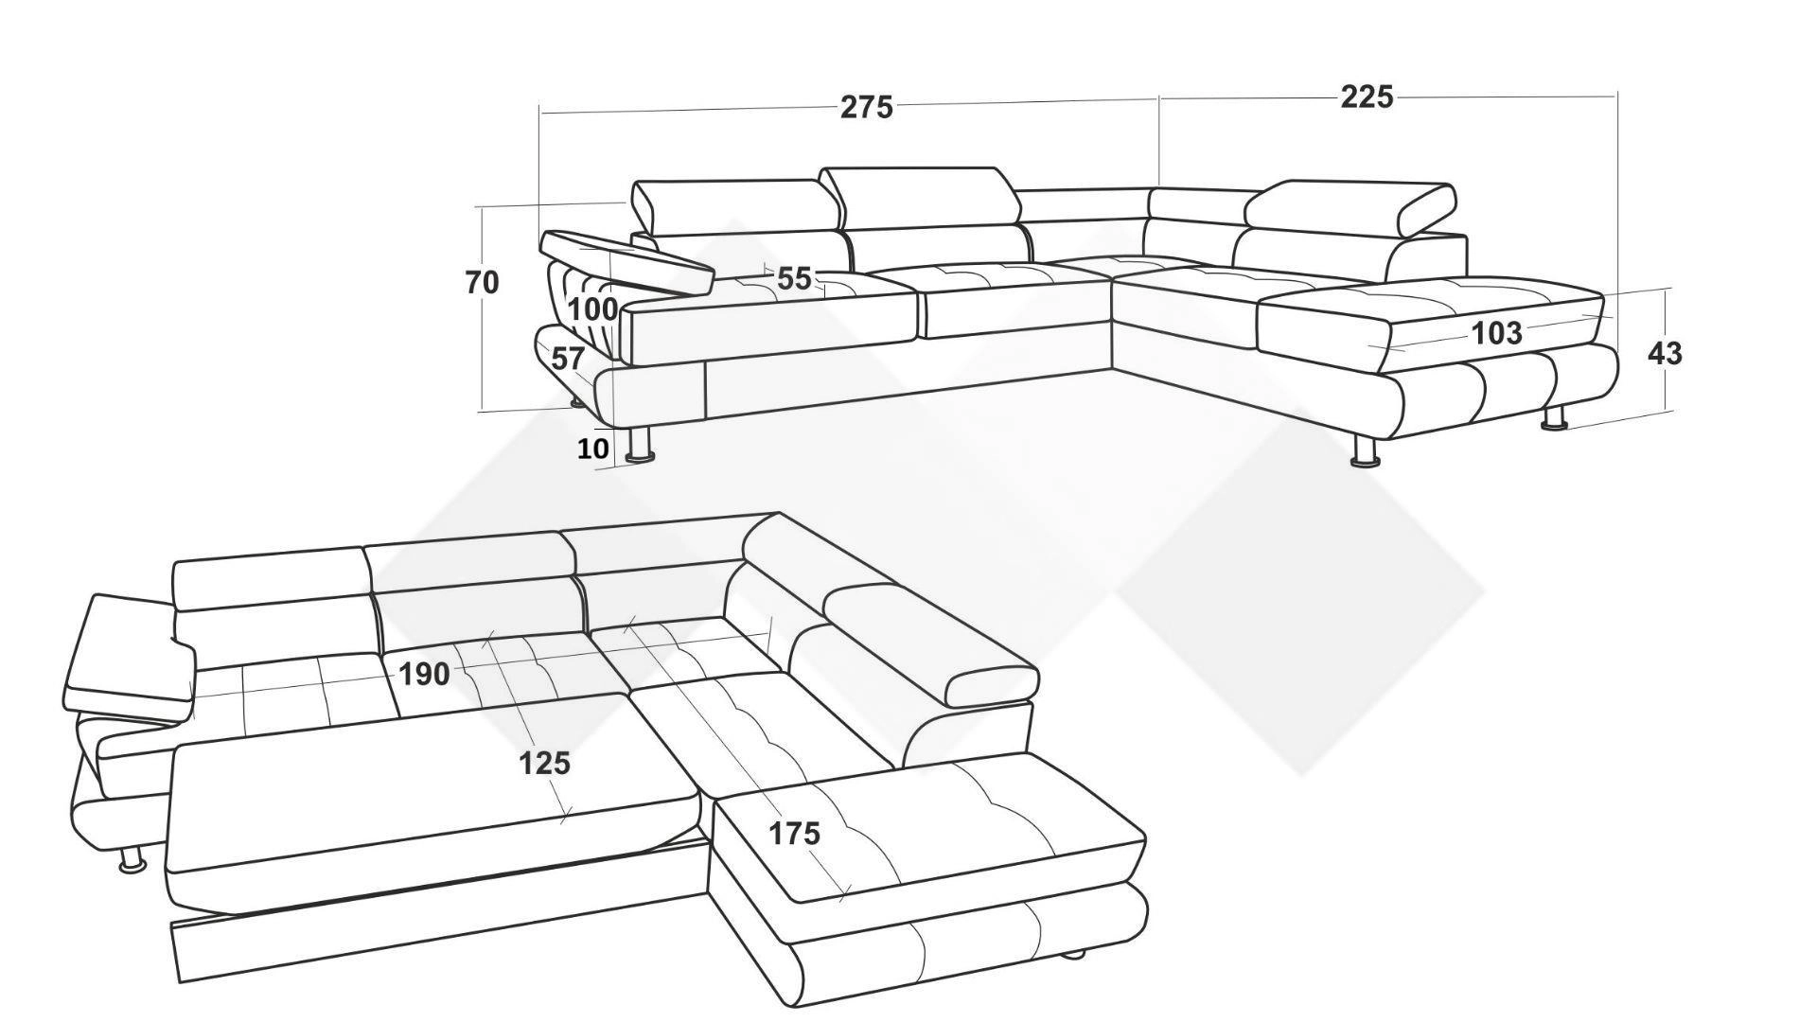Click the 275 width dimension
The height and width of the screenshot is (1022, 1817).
[867, 108]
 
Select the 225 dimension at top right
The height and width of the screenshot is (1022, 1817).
[1367, 97]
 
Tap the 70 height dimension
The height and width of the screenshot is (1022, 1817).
[482, 282]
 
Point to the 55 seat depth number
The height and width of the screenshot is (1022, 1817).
[795, 278]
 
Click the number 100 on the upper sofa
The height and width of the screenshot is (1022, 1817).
[592, 308]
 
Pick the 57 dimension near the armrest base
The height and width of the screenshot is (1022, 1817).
[567, 359]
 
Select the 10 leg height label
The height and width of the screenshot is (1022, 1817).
[592, 449]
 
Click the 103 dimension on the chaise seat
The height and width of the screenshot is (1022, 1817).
[1497, 333]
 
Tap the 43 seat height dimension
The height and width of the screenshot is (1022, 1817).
[1665, 353]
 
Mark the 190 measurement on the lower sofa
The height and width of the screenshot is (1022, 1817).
[424, 674]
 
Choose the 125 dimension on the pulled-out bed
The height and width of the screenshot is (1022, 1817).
[544, 763]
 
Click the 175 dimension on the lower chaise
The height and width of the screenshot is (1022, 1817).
[794, 834]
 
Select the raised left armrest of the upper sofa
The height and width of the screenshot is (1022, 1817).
[626, 261]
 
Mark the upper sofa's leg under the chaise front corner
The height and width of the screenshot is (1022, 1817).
[1365, 451]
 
